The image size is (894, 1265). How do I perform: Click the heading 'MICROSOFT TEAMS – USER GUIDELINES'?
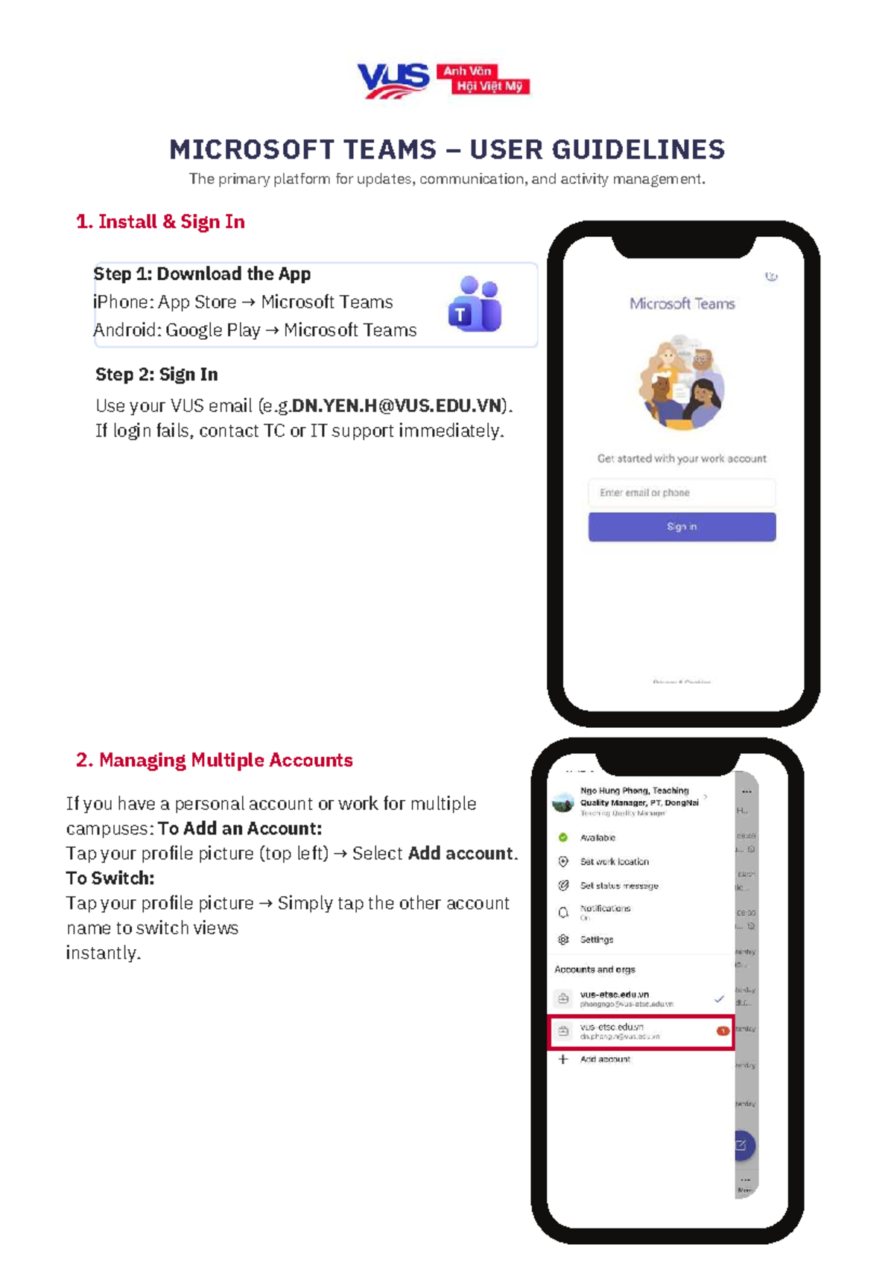tap(447, 150)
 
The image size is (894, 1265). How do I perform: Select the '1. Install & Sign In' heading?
tap(160, 222)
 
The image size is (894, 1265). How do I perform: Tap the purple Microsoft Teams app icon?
tap(475, 304)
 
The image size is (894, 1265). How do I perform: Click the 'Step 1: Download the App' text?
tap(202, 274)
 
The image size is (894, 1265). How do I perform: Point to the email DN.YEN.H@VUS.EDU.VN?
tap(396, 406)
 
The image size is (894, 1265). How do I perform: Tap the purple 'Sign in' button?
tap(682, 527)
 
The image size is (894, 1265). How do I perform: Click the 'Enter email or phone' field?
tap(682, 492)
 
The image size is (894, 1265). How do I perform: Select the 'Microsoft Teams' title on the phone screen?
tap(682, 304)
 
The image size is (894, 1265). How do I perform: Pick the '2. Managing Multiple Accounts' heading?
tap(214, 760)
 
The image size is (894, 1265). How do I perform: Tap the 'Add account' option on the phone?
tap(605, 1059)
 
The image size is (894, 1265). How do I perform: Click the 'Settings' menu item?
tap(597, 939)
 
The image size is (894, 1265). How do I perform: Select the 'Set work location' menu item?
tap(614, 862)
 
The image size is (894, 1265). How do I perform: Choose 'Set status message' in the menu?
tap(619, 886)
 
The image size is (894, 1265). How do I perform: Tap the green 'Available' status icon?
tap(563, 837)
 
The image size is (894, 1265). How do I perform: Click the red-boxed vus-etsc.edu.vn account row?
tap(641, 1032)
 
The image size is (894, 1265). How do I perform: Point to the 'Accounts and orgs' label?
tap(595, 970)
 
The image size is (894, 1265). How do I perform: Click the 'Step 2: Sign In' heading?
tap(156, 375)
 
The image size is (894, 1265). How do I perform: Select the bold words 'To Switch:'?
tap(110, 878)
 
